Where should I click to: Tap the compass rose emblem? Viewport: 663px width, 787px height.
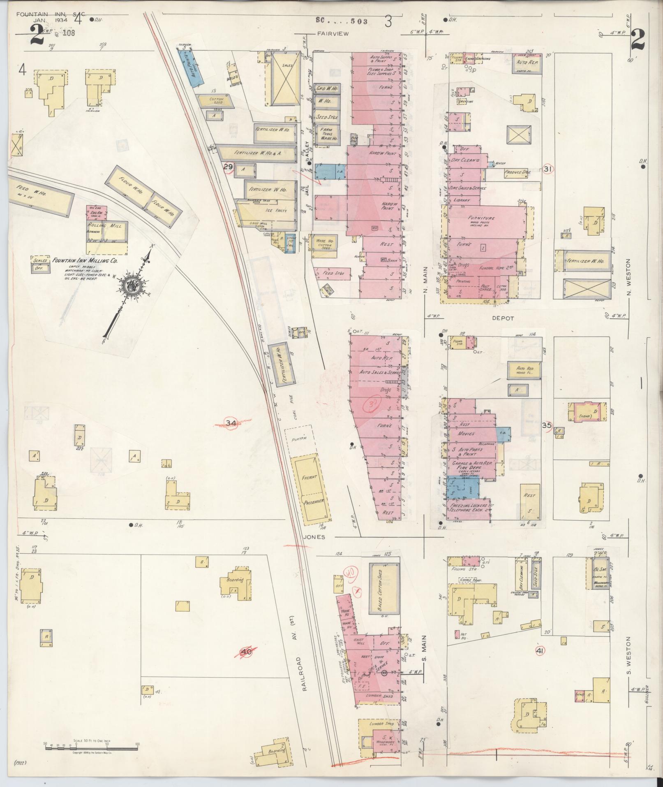[x=133, y=285]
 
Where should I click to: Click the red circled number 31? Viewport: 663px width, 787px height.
[x=547, y=169]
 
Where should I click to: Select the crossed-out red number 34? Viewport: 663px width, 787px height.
[x=231, y=423]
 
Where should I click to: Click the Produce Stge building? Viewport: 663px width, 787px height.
[x=517, y=172]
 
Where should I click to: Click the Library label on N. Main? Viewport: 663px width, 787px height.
[x=462, y=200]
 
